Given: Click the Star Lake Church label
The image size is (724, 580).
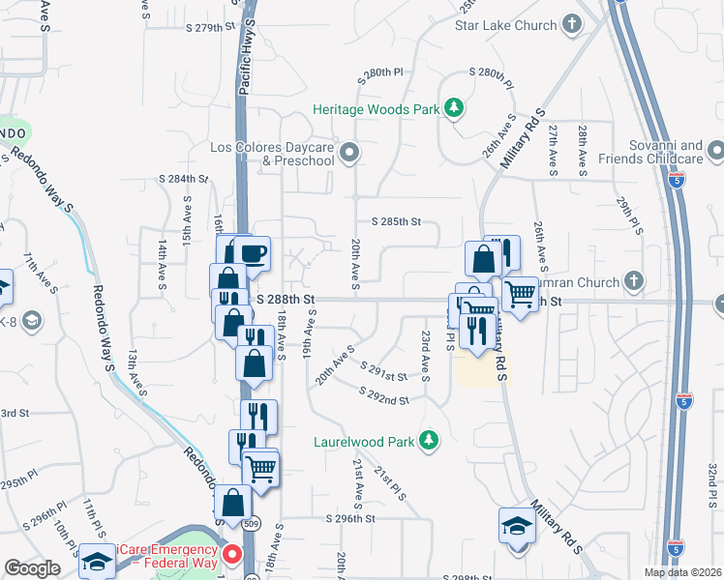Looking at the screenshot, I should [506, 24].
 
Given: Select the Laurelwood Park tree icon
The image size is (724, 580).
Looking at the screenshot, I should [428, 441].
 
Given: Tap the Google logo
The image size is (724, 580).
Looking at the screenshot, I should [31, 567].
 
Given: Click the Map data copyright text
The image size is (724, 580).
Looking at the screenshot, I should [682, 572].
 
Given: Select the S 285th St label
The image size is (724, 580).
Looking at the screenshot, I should [388, 221].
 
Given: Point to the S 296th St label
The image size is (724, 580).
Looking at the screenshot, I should [349, 518].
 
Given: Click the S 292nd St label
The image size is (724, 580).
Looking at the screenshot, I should [383, 396].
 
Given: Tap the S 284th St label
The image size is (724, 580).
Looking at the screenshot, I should [184, 179].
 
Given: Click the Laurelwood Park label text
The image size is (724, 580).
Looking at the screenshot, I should [364, 442].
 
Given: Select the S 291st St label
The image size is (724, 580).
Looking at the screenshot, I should [383, 371].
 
